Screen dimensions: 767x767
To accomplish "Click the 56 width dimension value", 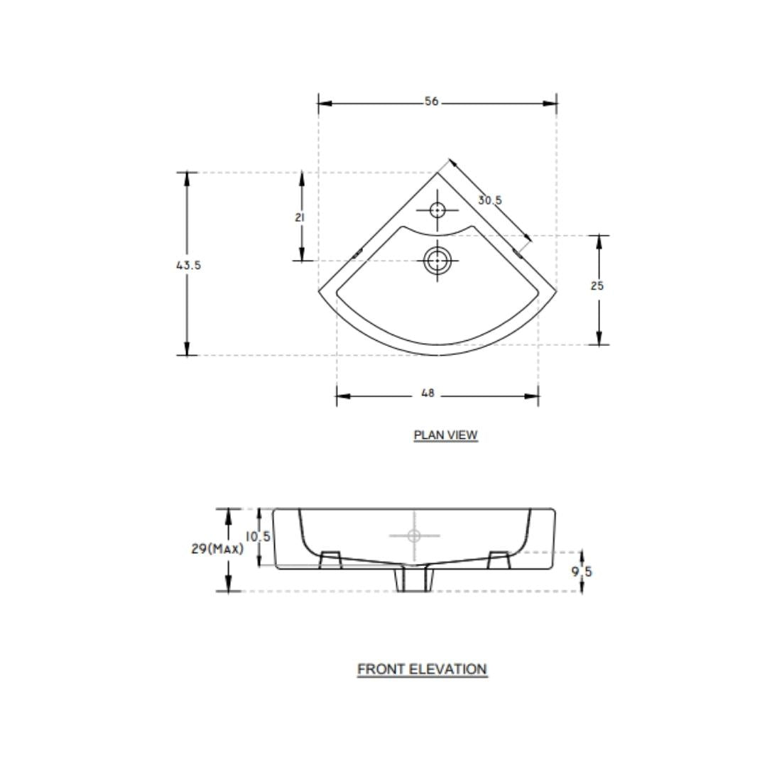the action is click(432, 102).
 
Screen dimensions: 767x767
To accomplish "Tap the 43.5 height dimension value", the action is click(189, 265).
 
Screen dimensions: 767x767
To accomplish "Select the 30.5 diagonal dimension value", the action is click(490, 200).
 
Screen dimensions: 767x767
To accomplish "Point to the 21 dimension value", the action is click(300, 217).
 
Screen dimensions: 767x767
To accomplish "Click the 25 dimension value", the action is click(597, 285).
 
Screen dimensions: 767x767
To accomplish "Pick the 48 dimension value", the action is click(428, 393).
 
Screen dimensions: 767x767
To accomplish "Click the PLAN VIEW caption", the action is click(445, 435).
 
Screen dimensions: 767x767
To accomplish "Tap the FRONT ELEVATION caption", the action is click(422, 669).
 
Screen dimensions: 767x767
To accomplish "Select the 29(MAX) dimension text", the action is click(217, 549).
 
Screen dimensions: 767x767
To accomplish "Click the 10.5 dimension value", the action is click(258, 537).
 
